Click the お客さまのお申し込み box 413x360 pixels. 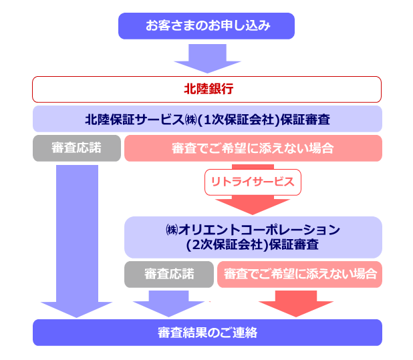(206, 26)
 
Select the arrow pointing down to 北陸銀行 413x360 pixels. (206, 58)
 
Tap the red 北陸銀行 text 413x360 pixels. (207, 89)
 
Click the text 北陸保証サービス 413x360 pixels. (133, 119)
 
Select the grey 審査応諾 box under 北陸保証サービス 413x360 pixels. (76, 148)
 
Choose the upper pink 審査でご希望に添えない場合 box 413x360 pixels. (253, 148)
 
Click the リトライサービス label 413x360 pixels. (253, 181)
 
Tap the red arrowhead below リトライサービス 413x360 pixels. (253, 205)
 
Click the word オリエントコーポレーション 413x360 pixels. (261, 230)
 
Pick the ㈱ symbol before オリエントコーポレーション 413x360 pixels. (172, 230)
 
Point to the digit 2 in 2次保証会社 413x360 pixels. (196, 244)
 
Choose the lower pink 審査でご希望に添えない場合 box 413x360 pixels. (299, 274)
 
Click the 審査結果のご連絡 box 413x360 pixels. (207, 332)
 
